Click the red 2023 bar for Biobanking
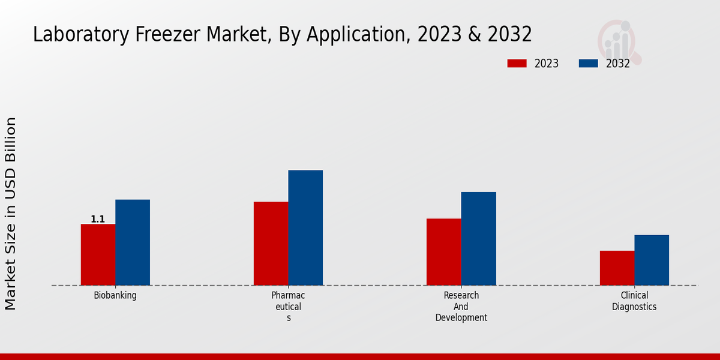(98, 254)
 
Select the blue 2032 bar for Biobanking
(133, 242)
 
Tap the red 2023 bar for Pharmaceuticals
(271, 244)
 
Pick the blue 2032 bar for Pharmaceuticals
(305, 228)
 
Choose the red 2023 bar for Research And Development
(444, 252)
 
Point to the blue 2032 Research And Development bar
(479, 239)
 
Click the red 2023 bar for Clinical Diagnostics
(617, 268)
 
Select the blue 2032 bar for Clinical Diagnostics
(652, 260)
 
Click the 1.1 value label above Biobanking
(98, 220)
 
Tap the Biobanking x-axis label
(115, 295)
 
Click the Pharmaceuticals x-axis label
(288, 307)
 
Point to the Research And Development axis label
(461, 307)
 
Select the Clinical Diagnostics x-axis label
(634, 301)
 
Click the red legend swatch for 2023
(517, 64)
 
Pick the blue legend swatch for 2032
(588, 64)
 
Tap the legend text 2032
(618, 64)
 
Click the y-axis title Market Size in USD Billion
(11, 214)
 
